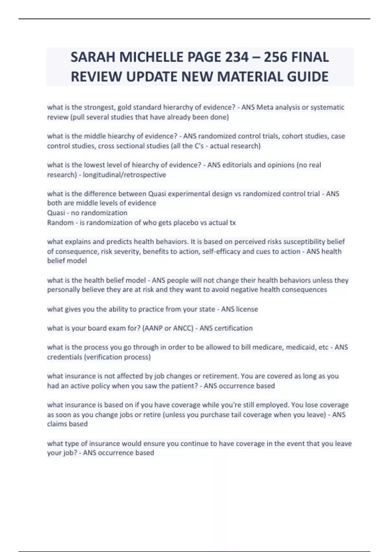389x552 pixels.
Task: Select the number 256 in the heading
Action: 275,57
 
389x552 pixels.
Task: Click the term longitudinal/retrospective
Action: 124,175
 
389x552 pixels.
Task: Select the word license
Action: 247,309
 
